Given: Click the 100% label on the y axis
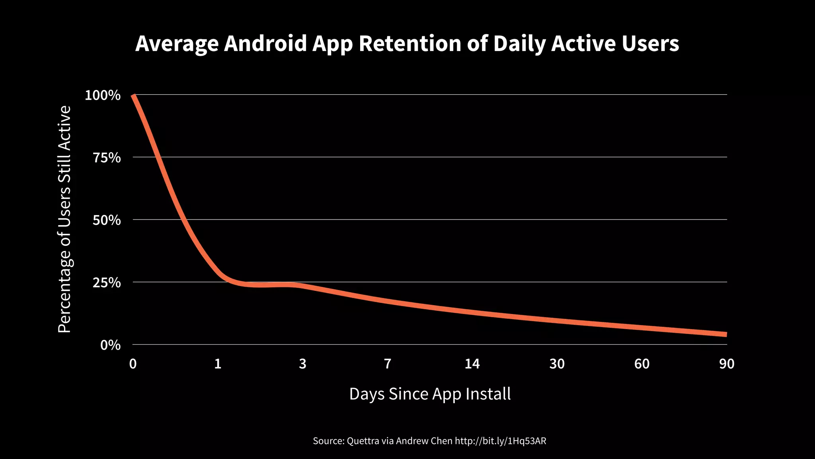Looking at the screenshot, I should point(103,96).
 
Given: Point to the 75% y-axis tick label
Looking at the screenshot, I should point(107,158).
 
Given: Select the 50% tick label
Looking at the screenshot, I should point(107,220).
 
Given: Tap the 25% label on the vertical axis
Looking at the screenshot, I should point(107,283).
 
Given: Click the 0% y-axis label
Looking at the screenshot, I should point(110,345).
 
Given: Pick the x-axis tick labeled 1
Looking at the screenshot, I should point(218,364).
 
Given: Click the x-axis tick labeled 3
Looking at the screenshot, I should point(302,364).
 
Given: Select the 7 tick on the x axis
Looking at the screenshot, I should point(388,364).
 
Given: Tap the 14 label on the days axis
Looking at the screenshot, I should point(472,364).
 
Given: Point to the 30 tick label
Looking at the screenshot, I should point(557,364).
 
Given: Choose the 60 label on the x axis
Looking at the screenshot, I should point(642,364).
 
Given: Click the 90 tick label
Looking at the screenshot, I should point(727,364).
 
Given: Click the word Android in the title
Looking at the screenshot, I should point(265,44).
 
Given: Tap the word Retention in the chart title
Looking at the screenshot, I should point(410,44).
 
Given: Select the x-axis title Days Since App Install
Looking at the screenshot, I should point(430,394).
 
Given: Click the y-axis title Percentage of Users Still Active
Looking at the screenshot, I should point(64,219).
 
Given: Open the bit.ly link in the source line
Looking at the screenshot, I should point(500,441).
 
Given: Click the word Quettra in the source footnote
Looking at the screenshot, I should point(363,441).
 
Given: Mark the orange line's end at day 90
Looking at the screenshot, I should point(726,334).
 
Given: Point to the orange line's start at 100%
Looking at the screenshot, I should point(134,96).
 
